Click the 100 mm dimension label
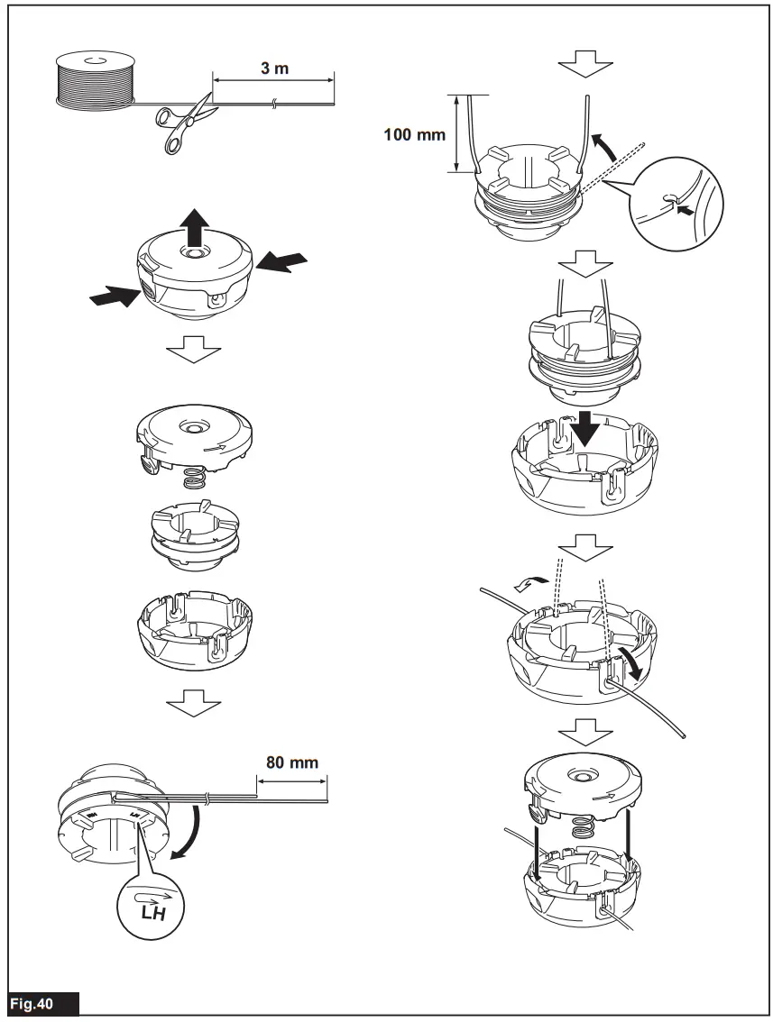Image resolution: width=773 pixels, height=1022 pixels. [x=415, y=134]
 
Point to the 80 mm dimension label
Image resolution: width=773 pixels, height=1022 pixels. [x=291, y=762]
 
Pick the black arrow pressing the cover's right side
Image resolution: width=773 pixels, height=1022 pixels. [x=281, y=262]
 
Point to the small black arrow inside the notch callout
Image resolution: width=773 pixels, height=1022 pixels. [x=686, y=210]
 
